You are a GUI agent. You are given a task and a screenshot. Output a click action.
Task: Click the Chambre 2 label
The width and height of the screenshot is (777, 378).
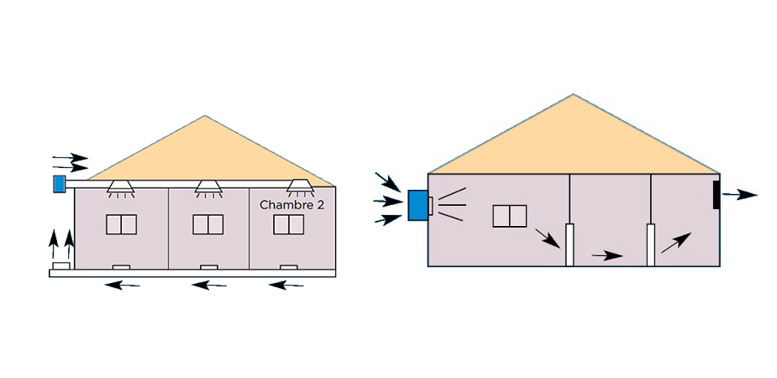pyautogui.click(x=292, y=205)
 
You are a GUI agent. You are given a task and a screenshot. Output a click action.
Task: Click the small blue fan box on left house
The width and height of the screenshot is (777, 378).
pyautogui.click(x=59, y=183)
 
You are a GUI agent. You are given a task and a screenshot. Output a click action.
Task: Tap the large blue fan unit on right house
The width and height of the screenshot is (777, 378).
pyautogui.click(x=417, y=206)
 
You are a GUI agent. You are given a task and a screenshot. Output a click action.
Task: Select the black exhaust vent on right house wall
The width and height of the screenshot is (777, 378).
pyautogui.click(x=717, y=194)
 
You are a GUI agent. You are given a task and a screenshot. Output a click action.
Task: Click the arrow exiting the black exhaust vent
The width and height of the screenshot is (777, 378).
pyautogui.click(x=739, y=195)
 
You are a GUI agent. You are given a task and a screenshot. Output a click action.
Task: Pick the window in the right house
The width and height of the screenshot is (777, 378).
pyautogui.click(x=509, y=216)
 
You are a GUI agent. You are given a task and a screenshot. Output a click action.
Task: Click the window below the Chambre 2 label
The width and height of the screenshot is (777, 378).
pyautogui.click(x=288, y=224)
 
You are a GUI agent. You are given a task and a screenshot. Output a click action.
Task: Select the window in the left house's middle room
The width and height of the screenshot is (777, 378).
pyautogui.click(x=207, y=224)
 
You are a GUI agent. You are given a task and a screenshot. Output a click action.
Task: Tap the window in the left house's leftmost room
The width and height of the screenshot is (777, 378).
pyautogui.click(x=122, y=224)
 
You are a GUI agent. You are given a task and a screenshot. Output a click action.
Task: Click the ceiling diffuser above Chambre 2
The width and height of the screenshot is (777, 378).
pyautogui.click(x=299, y=188)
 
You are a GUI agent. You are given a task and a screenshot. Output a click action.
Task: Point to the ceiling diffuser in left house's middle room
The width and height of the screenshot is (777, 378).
pyautogui.click(x=208, y=188)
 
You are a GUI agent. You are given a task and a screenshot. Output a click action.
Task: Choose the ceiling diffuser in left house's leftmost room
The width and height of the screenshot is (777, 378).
pyautogui.click(x=122, y=188)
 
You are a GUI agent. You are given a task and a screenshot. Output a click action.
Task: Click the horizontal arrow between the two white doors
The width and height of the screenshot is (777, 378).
pyautogui.click(x=607, y=255)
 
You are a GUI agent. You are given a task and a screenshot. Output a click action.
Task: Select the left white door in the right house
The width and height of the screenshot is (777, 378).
pyautogui.click(x=570, y=245)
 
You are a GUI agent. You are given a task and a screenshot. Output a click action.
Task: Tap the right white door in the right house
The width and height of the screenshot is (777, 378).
pyautogui.click(x=650, y=245)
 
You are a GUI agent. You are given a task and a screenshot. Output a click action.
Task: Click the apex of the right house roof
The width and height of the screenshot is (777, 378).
pyautogui.click(x=573, y=94)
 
